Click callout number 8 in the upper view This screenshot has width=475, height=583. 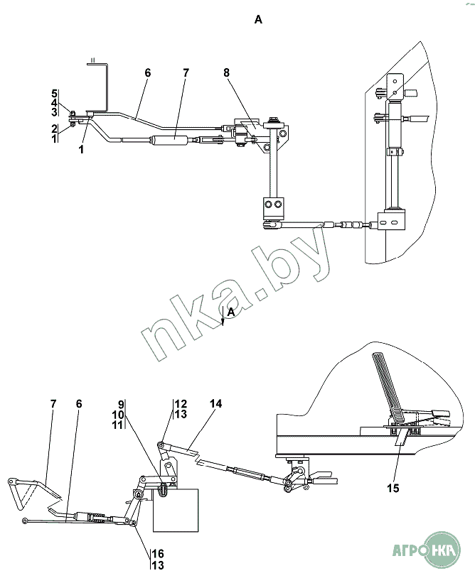click(x=227, y=73)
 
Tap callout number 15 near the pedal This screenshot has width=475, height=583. click(x=393, y=488)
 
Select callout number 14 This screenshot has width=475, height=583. click(x=216, y=404)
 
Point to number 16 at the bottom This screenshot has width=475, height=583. click(x=158, y=555)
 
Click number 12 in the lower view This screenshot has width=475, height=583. click(x=181, y=404)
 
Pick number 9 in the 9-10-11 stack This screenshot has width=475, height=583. click(x=121, y=404)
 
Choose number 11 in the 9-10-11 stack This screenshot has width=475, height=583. click(x=117, y=424)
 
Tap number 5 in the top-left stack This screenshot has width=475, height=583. click(x=54, y=93)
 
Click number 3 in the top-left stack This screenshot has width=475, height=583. click(x=54, y=112)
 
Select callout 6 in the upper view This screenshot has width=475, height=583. click(x=148, y=73)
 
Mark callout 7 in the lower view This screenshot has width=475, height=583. click(x=53, y=404)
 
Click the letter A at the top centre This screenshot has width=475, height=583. click(x=258, y=19)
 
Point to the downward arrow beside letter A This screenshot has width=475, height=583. click(x=223, y=317)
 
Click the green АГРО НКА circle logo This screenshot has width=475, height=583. click(x=442, y=550)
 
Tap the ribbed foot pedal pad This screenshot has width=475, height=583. click(x=387, y=388)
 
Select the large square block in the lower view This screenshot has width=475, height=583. click(x=176, y=510)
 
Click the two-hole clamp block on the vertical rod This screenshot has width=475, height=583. click(x=274, y=207)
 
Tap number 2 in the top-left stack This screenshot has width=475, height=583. click(x=54, y=129)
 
